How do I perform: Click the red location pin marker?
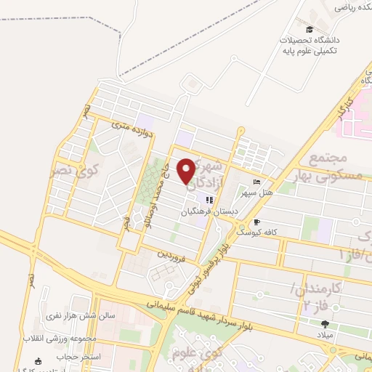pyautogui.click(x=188, y=171)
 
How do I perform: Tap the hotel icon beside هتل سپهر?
pyautogui.click(x=256, y=182)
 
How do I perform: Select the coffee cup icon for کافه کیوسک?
pyautogui.click(x=256, y=222)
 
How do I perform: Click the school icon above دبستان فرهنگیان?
pyautogui.click(x=209, y=200)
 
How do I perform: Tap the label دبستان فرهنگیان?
pyautogui.click(x=209, y=211)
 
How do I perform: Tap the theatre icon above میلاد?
pyautogui.click(x=325, y=324)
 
